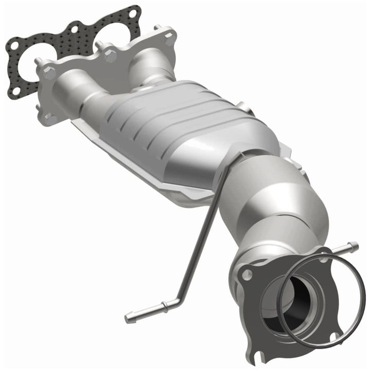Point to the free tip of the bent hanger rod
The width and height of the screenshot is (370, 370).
pos(127,319)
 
